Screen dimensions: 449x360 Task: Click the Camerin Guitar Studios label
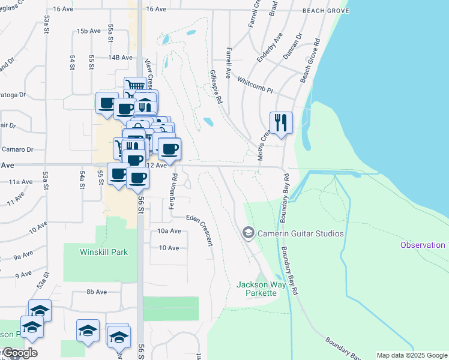[x=300, y=233]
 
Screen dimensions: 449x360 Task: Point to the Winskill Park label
[x=104, y=253]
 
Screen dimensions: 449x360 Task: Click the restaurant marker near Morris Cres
[x=281, y=123]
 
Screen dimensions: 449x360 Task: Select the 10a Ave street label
[x=169, y=231]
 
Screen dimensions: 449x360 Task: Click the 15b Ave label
[x=88, y=31]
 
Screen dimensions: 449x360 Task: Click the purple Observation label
[x=424, y=245]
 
